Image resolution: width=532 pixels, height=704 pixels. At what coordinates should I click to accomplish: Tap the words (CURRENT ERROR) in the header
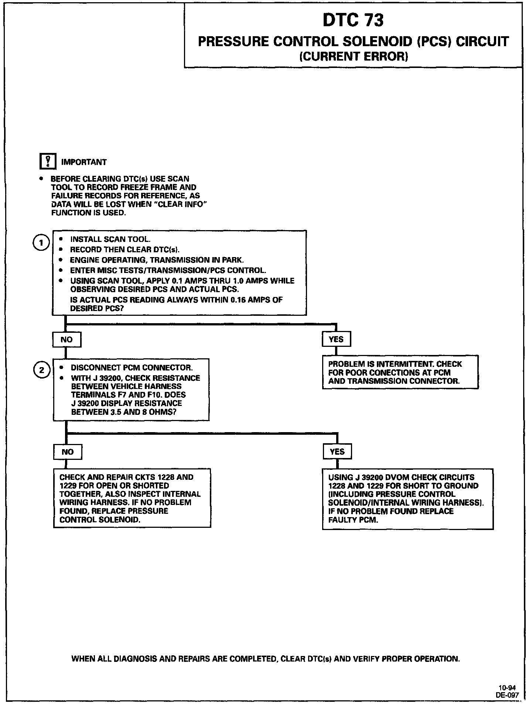coord(353,56)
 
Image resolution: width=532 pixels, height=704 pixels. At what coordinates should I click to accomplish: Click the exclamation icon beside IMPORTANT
coord(48,162)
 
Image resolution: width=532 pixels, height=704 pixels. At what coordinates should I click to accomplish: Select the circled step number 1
coord(41,243)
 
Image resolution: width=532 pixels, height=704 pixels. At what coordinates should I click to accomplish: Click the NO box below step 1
coord(66,339)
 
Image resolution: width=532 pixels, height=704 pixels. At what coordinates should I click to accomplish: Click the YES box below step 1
coord(336,339)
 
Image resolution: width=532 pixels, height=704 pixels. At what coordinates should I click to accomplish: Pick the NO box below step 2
coord(68,452)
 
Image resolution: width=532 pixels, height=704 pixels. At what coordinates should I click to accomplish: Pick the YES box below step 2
coord(337,452)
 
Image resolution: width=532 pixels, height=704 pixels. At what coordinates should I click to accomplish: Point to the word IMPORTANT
coord(83,162)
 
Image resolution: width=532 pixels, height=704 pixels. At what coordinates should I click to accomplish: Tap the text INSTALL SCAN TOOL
coord(110,239)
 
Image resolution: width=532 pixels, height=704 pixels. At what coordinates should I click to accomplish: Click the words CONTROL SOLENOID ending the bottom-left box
coord(100,520)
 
